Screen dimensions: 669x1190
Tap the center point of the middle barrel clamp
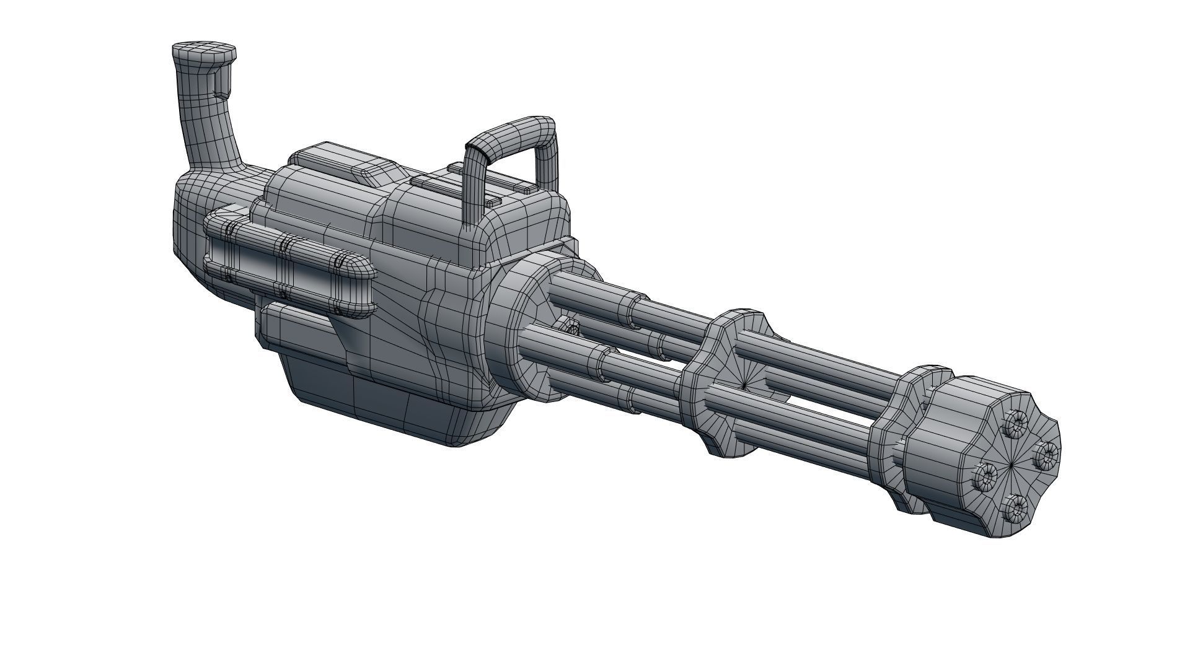[x=744, y=385]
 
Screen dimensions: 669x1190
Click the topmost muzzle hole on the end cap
[x=1016, y=424]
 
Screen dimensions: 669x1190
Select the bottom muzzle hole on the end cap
[x=1016, y=509]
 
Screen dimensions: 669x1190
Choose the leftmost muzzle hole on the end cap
[x=984, y=476]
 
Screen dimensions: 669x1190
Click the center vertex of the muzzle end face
[x=1014, y=465]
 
